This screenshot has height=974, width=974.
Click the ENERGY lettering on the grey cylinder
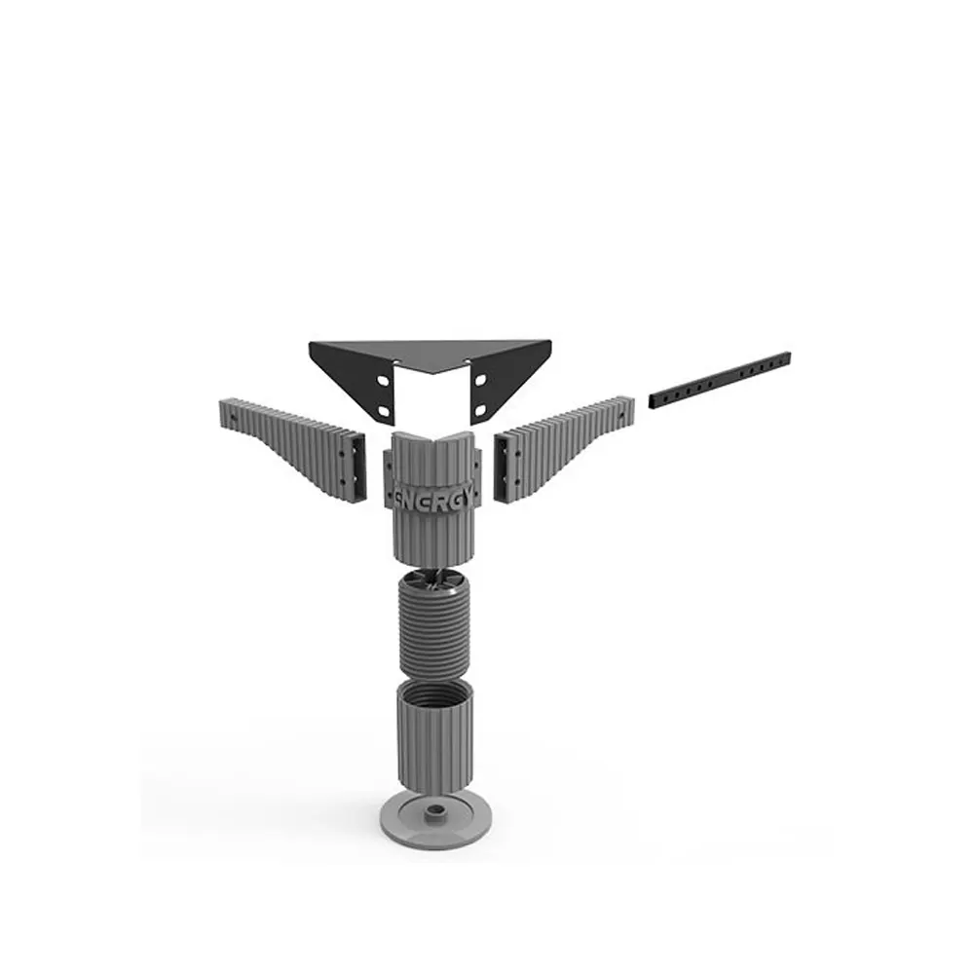(433, 499)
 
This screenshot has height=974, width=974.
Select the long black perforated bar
(720, 380)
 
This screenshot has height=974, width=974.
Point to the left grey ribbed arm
(292, 451)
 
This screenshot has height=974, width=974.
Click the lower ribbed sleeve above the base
(434, 738)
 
